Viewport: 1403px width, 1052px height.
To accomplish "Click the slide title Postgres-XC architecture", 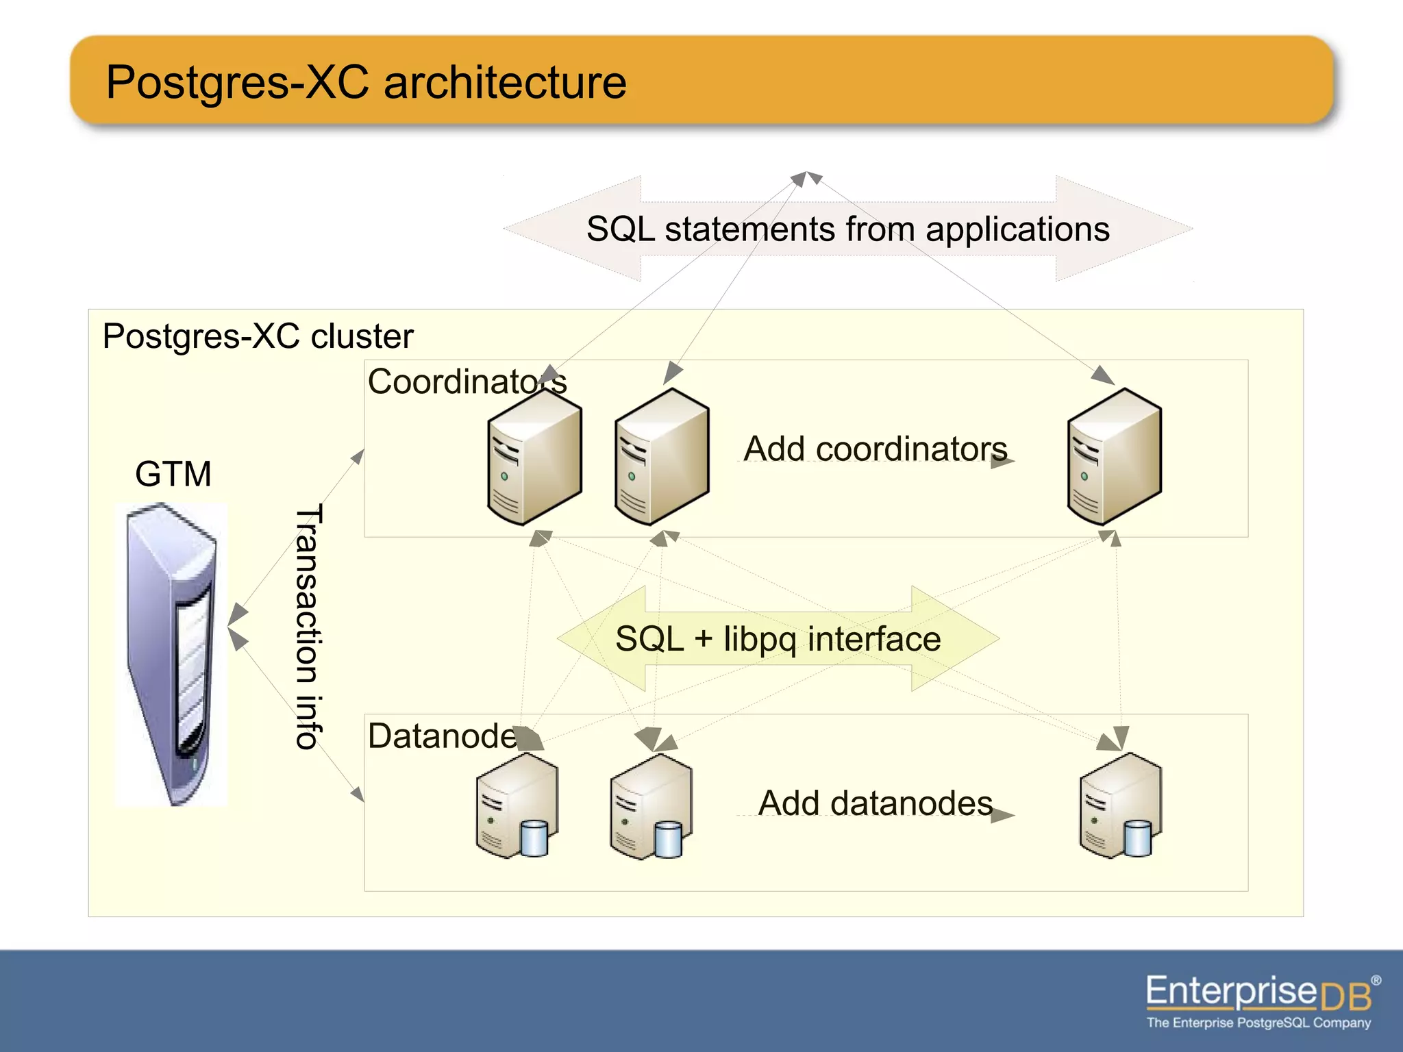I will click(x=366, y=82).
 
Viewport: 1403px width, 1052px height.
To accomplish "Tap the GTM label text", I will click(x=173, y=474).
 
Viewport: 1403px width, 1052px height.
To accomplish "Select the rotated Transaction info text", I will click(x=308, y=627).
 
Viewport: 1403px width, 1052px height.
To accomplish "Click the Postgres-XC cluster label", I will click(x=258, y=336).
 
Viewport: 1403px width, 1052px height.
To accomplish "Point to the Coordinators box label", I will click(x=466, y=381).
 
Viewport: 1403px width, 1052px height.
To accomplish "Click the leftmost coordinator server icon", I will click(x=534, y=458).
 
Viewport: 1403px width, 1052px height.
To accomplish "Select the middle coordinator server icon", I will click(x=662, y=458).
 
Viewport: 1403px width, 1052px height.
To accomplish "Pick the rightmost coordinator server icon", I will click(x=1115, y=458).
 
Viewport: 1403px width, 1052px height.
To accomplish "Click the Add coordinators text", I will click(x=875, y=449).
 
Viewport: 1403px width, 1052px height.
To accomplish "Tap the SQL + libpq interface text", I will click(x=778, y=639).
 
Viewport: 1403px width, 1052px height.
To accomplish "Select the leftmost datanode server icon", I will click(x=517, y=806).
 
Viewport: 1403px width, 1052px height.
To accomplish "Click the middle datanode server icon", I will click(x=651, y=806).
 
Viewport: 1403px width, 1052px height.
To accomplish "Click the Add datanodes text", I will click(x=875, y=803).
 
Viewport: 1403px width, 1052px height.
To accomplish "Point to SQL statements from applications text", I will click(x=847, y=229).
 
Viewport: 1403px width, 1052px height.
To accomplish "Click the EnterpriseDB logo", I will click(x=1259, y=992).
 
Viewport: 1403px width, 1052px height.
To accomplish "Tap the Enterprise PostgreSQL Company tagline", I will click(x=1258, y=1023).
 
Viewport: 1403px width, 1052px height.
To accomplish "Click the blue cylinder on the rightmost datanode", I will click(x=1138, y=838).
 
